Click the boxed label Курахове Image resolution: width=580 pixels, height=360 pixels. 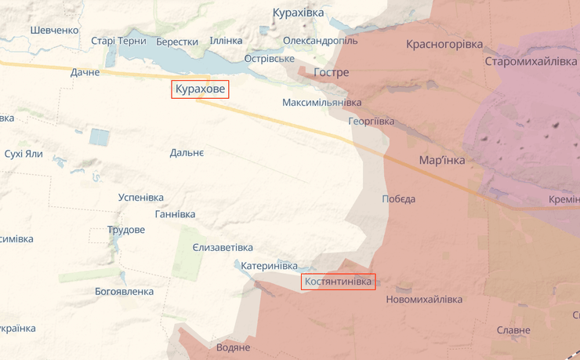[200, 90]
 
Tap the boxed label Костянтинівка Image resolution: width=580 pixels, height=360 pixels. [339, 282]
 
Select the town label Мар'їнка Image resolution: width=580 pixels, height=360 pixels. [442, 160]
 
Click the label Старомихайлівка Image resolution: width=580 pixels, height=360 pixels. [531, 61]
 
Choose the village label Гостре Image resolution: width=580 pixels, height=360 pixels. [331, 72]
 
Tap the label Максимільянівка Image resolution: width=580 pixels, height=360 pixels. [322, 103]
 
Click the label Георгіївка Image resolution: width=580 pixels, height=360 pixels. [372, 122]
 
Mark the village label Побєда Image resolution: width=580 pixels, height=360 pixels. [398, 198]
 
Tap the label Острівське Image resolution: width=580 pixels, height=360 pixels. [269, 59]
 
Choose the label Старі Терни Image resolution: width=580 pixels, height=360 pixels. [118, 41]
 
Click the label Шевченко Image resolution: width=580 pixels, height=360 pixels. [55, 30]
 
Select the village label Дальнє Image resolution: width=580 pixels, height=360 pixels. [187, 152]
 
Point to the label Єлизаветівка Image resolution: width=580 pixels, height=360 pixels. [223, 247]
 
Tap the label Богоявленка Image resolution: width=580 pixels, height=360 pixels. [124, 291]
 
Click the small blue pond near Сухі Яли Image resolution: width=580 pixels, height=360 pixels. [100, 137]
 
